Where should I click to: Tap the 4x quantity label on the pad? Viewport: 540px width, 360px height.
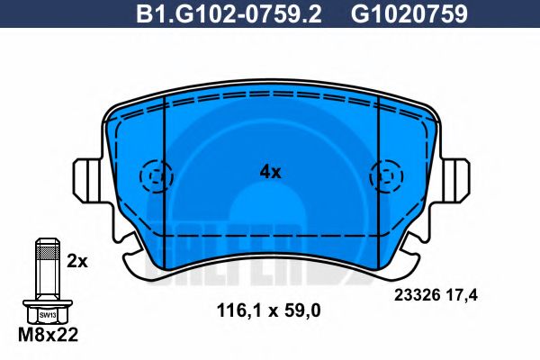pos(270,171)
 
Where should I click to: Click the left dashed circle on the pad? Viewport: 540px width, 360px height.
pos(156,173)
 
